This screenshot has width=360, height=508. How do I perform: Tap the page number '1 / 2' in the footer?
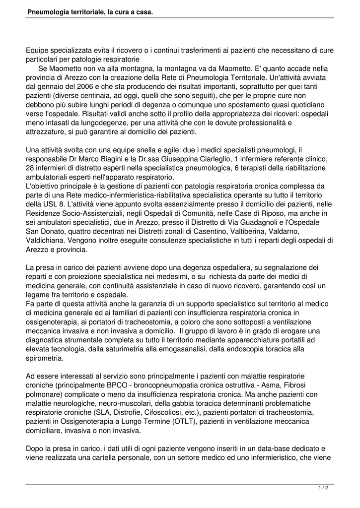(x=323, y=488)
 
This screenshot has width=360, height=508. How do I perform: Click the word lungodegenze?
(x=103, y=123)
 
